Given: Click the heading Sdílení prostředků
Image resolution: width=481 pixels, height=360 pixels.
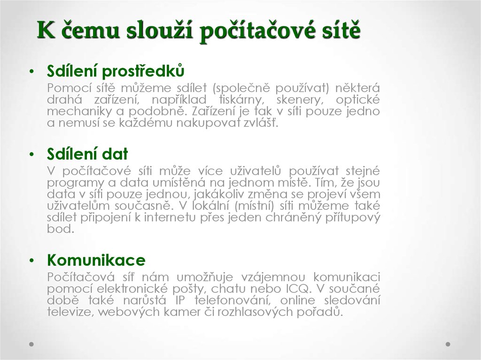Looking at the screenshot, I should tap(115, 71).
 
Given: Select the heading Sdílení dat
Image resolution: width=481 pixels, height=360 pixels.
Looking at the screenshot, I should tap(87, 154).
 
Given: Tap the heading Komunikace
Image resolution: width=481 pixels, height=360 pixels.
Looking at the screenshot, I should tap(96, 260).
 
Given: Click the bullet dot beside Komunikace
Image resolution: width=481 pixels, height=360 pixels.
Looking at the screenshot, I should tap(31, 260).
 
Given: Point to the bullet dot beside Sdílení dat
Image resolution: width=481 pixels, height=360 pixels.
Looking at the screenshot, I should tap(31, 154).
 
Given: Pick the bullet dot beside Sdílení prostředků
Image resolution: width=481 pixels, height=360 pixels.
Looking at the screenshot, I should tap(31, 71).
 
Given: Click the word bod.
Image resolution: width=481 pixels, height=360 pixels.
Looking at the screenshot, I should tap(60, 230).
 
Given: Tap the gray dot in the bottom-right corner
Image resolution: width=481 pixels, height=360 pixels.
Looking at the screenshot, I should tap(448, 344).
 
